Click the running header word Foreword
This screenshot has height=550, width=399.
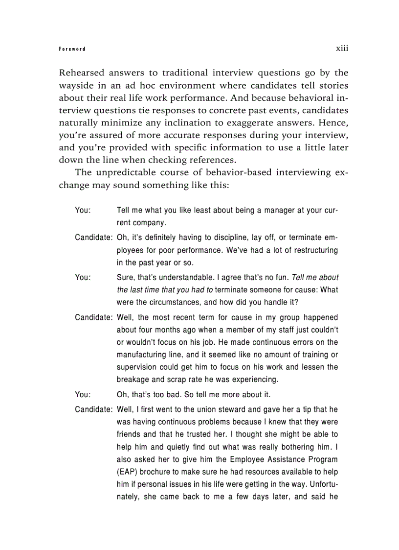pos(72,49)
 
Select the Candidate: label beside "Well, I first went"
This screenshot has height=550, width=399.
pos(94,409)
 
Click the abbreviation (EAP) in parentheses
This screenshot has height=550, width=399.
pos(127,472)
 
